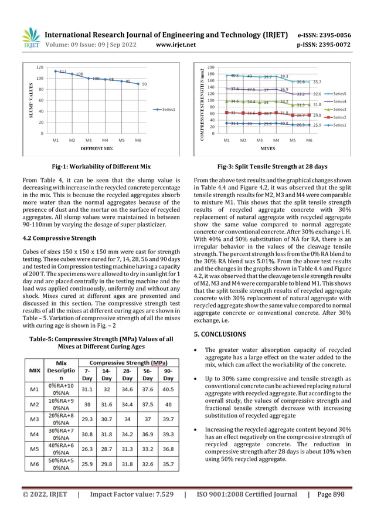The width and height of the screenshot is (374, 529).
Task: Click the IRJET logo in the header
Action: [30, 38]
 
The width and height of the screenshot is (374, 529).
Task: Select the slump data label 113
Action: [63, 70]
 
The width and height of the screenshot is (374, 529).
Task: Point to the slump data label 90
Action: [144, 84]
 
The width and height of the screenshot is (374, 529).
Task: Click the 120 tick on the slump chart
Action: [39, 67]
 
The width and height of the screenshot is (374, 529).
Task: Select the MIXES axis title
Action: [268, 149]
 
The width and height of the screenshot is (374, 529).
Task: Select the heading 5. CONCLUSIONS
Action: [220, 334]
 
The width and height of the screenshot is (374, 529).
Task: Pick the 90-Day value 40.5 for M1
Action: [168, 388]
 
